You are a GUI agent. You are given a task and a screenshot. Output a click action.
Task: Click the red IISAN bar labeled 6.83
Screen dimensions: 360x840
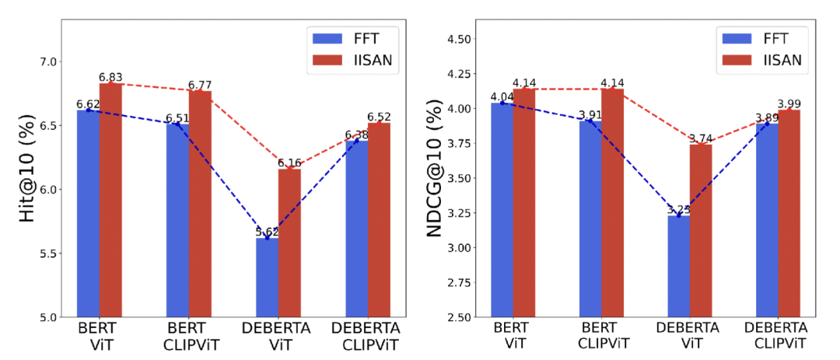(x=110, y=200)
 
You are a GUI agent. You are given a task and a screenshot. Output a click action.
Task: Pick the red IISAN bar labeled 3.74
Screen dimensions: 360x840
(x=701, y=231)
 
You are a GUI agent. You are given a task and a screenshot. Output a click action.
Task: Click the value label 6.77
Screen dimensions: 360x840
(x=200, y=85)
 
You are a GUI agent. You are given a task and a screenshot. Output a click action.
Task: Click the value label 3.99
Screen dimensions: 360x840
(x=789, y=104)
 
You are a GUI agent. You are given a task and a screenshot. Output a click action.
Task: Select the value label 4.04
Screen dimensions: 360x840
(x=502, y=96)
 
